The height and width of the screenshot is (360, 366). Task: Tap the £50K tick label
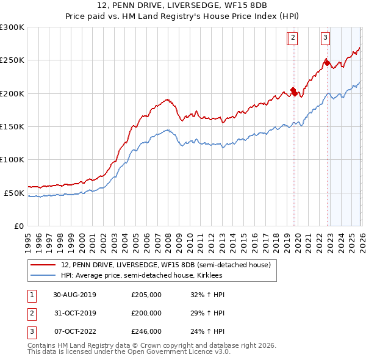[x=15, y=193]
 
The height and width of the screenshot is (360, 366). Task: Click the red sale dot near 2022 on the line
[x=326, y=62]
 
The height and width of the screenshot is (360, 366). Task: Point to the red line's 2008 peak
[x=166, y=99]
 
